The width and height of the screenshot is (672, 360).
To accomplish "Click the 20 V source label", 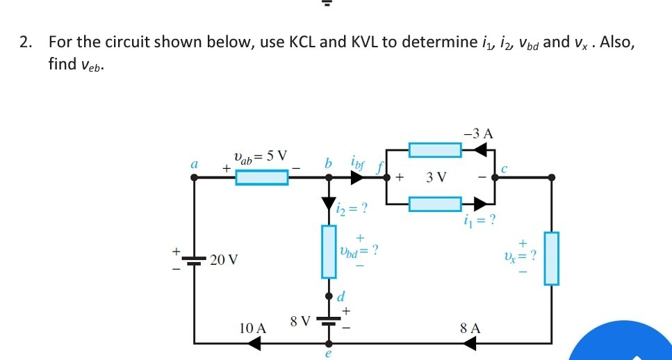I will pyautogui.click(x=224, y=260).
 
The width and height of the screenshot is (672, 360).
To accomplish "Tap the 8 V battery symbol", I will pyautogui.click(x=328, y=322).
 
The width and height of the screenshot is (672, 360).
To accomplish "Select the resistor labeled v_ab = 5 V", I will pyautogui.click(x=261, y=178).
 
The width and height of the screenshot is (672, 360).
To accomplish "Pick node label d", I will pyautogui.click(x=341, y=296).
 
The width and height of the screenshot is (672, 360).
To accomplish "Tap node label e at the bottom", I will pyautogui.click(x=328, y=354).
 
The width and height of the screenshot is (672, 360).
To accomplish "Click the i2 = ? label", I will pyautogui.click(x=352, y=208).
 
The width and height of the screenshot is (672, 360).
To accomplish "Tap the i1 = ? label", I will pyautogui.click(x=478, y=222).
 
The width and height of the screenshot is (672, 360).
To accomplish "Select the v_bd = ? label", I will pyautogui.click(x=359, y=249).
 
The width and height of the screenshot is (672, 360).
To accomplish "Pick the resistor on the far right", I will pyautogui.click(x=551, y=259).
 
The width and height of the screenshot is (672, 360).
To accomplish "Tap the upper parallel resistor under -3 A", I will pyautogui.click(x=435, y=149).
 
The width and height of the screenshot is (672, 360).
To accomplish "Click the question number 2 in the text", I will pyautogui.click(x=25, y=42).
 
